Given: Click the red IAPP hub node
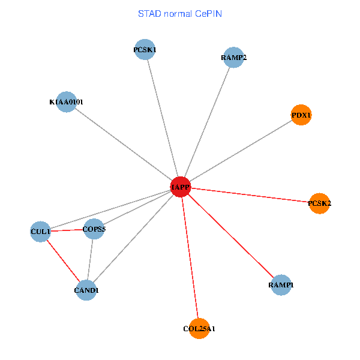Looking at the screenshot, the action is click(x=180, y=187).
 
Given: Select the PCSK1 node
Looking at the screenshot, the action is click(x=145, y=50).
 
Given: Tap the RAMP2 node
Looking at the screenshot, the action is click(x=233, y=58).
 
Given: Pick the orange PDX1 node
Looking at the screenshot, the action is click(x=301, y=115).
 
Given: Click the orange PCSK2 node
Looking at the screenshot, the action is click(x=319, y=203).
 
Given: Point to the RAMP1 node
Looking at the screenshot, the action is click(x=281, y=284).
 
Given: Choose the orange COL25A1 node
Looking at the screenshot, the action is click(x=199, y=328).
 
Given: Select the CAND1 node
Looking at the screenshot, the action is click(x=86, y=290).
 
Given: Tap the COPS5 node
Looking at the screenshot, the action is click(x=94, y=229).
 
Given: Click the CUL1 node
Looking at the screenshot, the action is click(x=41, y=231).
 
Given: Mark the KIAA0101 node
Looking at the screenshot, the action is click(x=66, y=102).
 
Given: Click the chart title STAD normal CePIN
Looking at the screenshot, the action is click(x=180, y=13).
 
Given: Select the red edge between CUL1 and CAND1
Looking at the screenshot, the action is click(x=64, y=260).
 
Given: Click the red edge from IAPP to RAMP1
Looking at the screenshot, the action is click(x=230, y=236).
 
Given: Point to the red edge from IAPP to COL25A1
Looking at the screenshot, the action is click(x=190, y=258).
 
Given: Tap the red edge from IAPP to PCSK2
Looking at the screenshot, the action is click(x=250, y=196).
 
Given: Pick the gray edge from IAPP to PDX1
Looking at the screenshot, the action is click(x=241, y=151).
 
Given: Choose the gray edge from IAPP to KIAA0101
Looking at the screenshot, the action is click(x=123, y=145).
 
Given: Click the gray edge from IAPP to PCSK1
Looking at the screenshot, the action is click(x=162, y=118).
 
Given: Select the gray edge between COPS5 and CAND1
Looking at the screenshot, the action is click(x=90, y=259).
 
